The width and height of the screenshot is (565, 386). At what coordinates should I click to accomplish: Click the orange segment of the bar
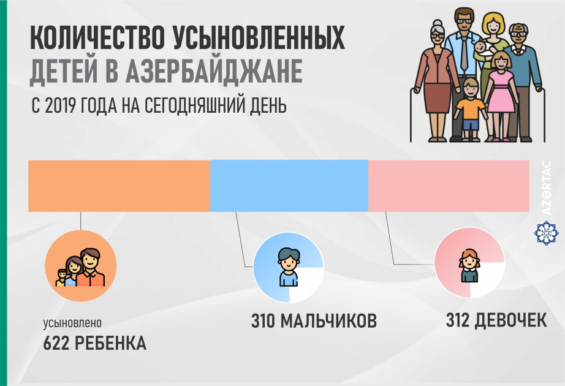119,186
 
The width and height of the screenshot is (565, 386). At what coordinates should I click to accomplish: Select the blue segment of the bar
289,186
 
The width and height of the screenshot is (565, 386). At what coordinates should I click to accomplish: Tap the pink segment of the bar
448,186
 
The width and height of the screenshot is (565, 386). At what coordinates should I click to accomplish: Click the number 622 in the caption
57,343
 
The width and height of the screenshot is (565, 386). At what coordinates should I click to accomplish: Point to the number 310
264,321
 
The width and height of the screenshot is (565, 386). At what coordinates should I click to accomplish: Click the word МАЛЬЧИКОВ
328,321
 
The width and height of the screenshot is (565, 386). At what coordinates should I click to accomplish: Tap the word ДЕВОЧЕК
513,319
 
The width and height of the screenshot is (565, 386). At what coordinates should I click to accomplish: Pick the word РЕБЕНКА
111,343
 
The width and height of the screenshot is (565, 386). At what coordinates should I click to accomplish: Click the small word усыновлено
72,323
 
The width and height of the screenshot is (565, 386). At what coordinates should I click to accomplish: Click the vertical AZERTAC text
547,187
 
